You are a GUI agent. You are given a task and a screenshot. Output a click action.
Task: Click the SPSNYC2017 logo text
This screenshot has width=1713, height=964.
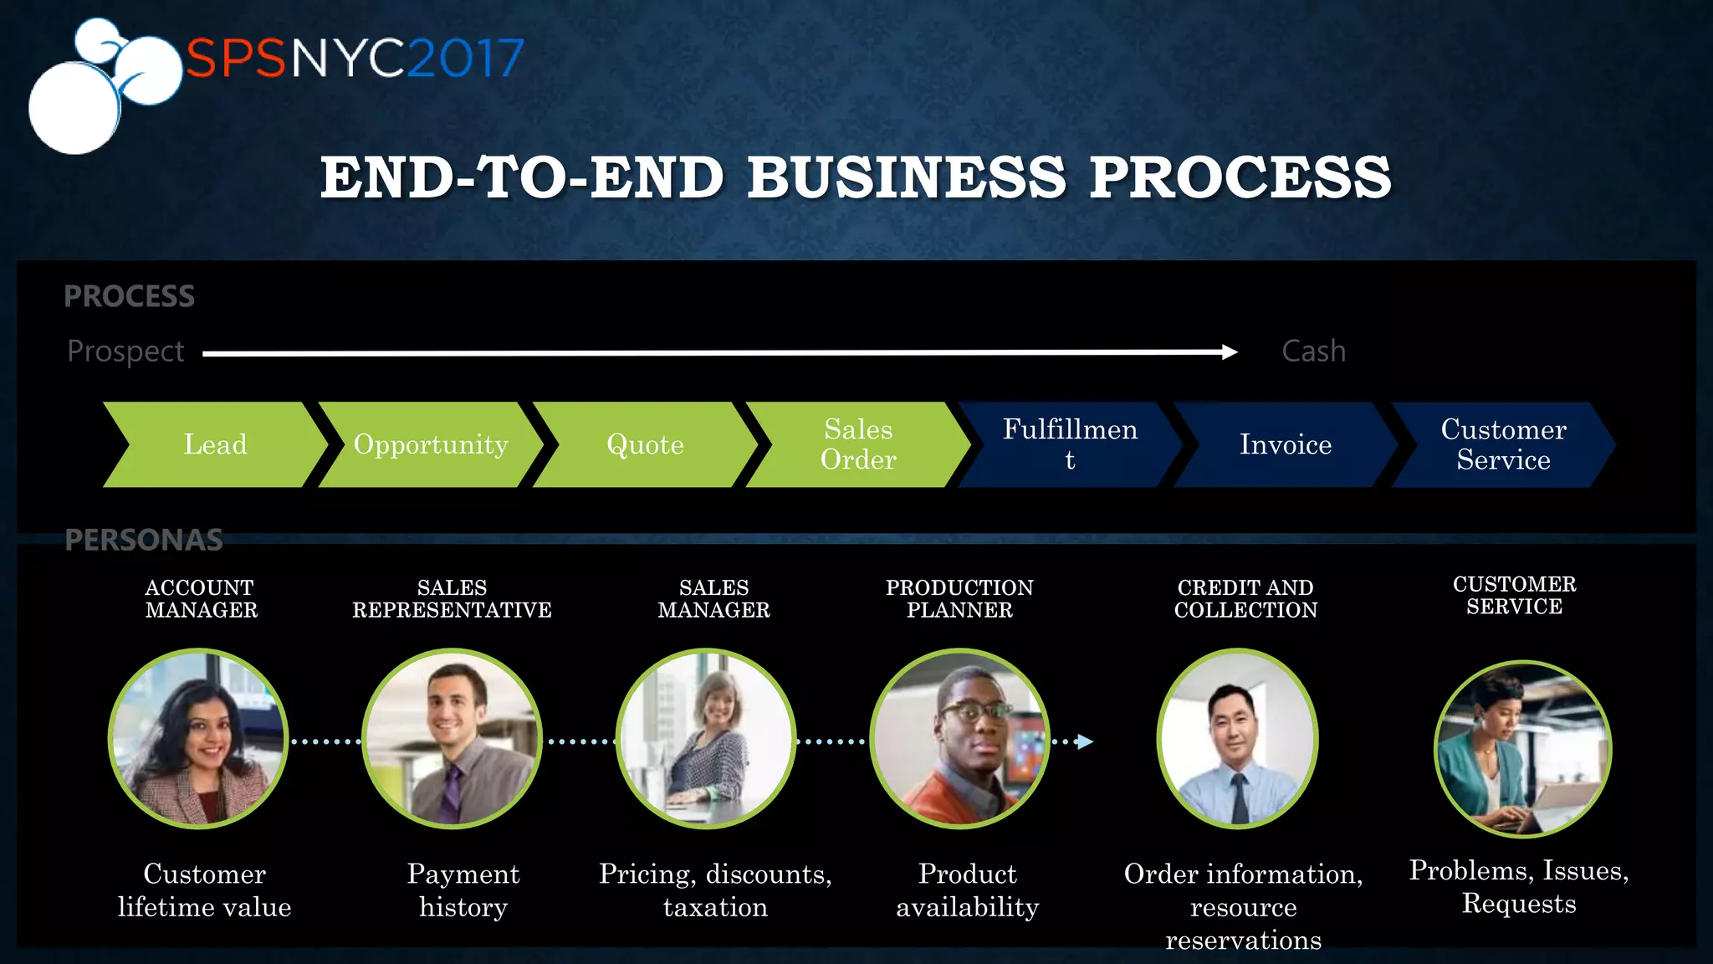[x=355, y=58]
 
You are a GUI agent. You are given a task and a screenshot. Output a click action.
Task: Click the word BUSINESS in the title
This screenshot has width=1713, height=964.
[x=906, y=177]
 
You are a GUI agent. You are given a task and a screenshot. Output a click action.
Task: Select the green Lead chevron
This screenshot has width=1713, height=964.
[x=215, y=444]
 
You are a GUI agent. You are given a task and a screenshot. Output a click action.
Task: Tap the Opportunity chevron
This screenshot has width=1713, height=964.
[x=431, y=444]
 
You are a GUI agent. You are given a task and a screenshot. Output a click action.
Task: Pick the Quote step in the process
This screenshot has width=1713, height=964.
[x=645, y=444]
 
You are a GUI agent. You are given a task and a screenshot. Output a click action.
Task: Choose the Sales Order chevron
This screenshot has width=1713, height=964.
[x=858, y=444]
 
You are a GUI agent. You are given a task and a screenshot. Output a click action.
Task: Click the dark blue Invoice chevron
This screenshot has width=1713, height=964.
[x=1285, y=444]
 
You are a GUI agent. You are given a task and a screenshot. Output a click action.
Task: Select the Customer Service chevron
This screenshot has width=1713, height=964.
[x=1503, y=444]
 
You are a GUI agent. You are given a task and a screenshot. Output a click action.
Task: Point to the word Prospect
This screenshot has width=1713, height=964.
[x=125, y=351]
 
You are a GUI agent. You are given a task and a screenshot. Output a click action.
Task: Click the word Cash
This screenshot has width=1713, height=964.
[x=1313, y=351]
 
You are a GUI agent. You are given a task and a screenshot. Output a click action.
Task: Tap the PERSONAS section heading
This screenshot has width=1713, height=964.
[x=144, y=540]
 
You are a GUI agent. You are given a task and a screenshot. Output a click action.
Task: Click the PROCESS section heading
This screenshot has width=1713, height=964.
[x=129, y=296]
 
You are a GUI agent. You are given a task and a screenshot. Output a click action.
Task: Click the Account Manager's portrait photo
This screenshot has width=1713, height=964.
[x=199, y=739]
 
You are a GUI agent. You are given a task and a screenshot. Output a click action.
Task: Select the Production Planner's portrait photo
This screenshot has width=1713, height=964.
[x=959, y=739]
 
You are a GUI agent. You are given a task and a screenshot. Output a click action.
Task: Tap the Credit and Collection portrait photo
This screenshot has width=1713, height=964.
[x=1238, y=739]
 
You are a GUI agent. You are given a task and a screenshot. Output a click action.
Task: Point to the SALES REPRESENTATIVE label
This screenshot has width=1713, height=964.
[x=452, y=599]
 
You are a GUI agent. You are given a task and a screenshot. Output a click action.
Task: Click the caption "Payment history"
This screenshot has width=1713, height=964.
[x=463, y=890]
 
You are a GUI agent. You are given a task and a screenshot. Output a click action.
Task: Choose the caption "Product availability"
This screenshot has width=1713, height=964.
[x=968, y=890]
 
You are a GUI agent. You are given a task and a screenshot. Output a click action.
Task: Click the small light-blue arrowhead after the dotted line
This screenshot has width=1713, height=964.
[x=1085, y=741]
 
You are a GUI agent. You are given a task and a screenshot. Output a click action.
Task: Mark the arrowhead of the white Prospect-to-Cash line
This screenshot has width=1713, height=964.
[x=1230, y=352]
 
